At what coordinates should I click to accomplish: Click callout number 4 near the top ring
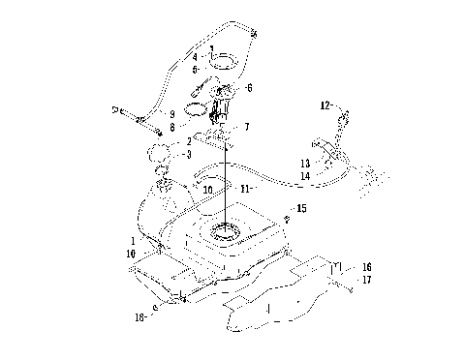pos(194,57)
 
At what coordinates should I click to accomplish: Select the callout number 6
pos(250,88)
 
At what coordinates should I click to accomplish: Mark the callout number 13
pos(304,163)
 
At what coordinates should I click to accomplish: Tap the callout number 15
pos(301,208)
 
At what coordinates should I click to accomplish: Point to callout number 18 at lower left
pos(141,315)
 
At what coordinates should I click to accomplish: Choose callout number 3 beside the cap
pos(188,154)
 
